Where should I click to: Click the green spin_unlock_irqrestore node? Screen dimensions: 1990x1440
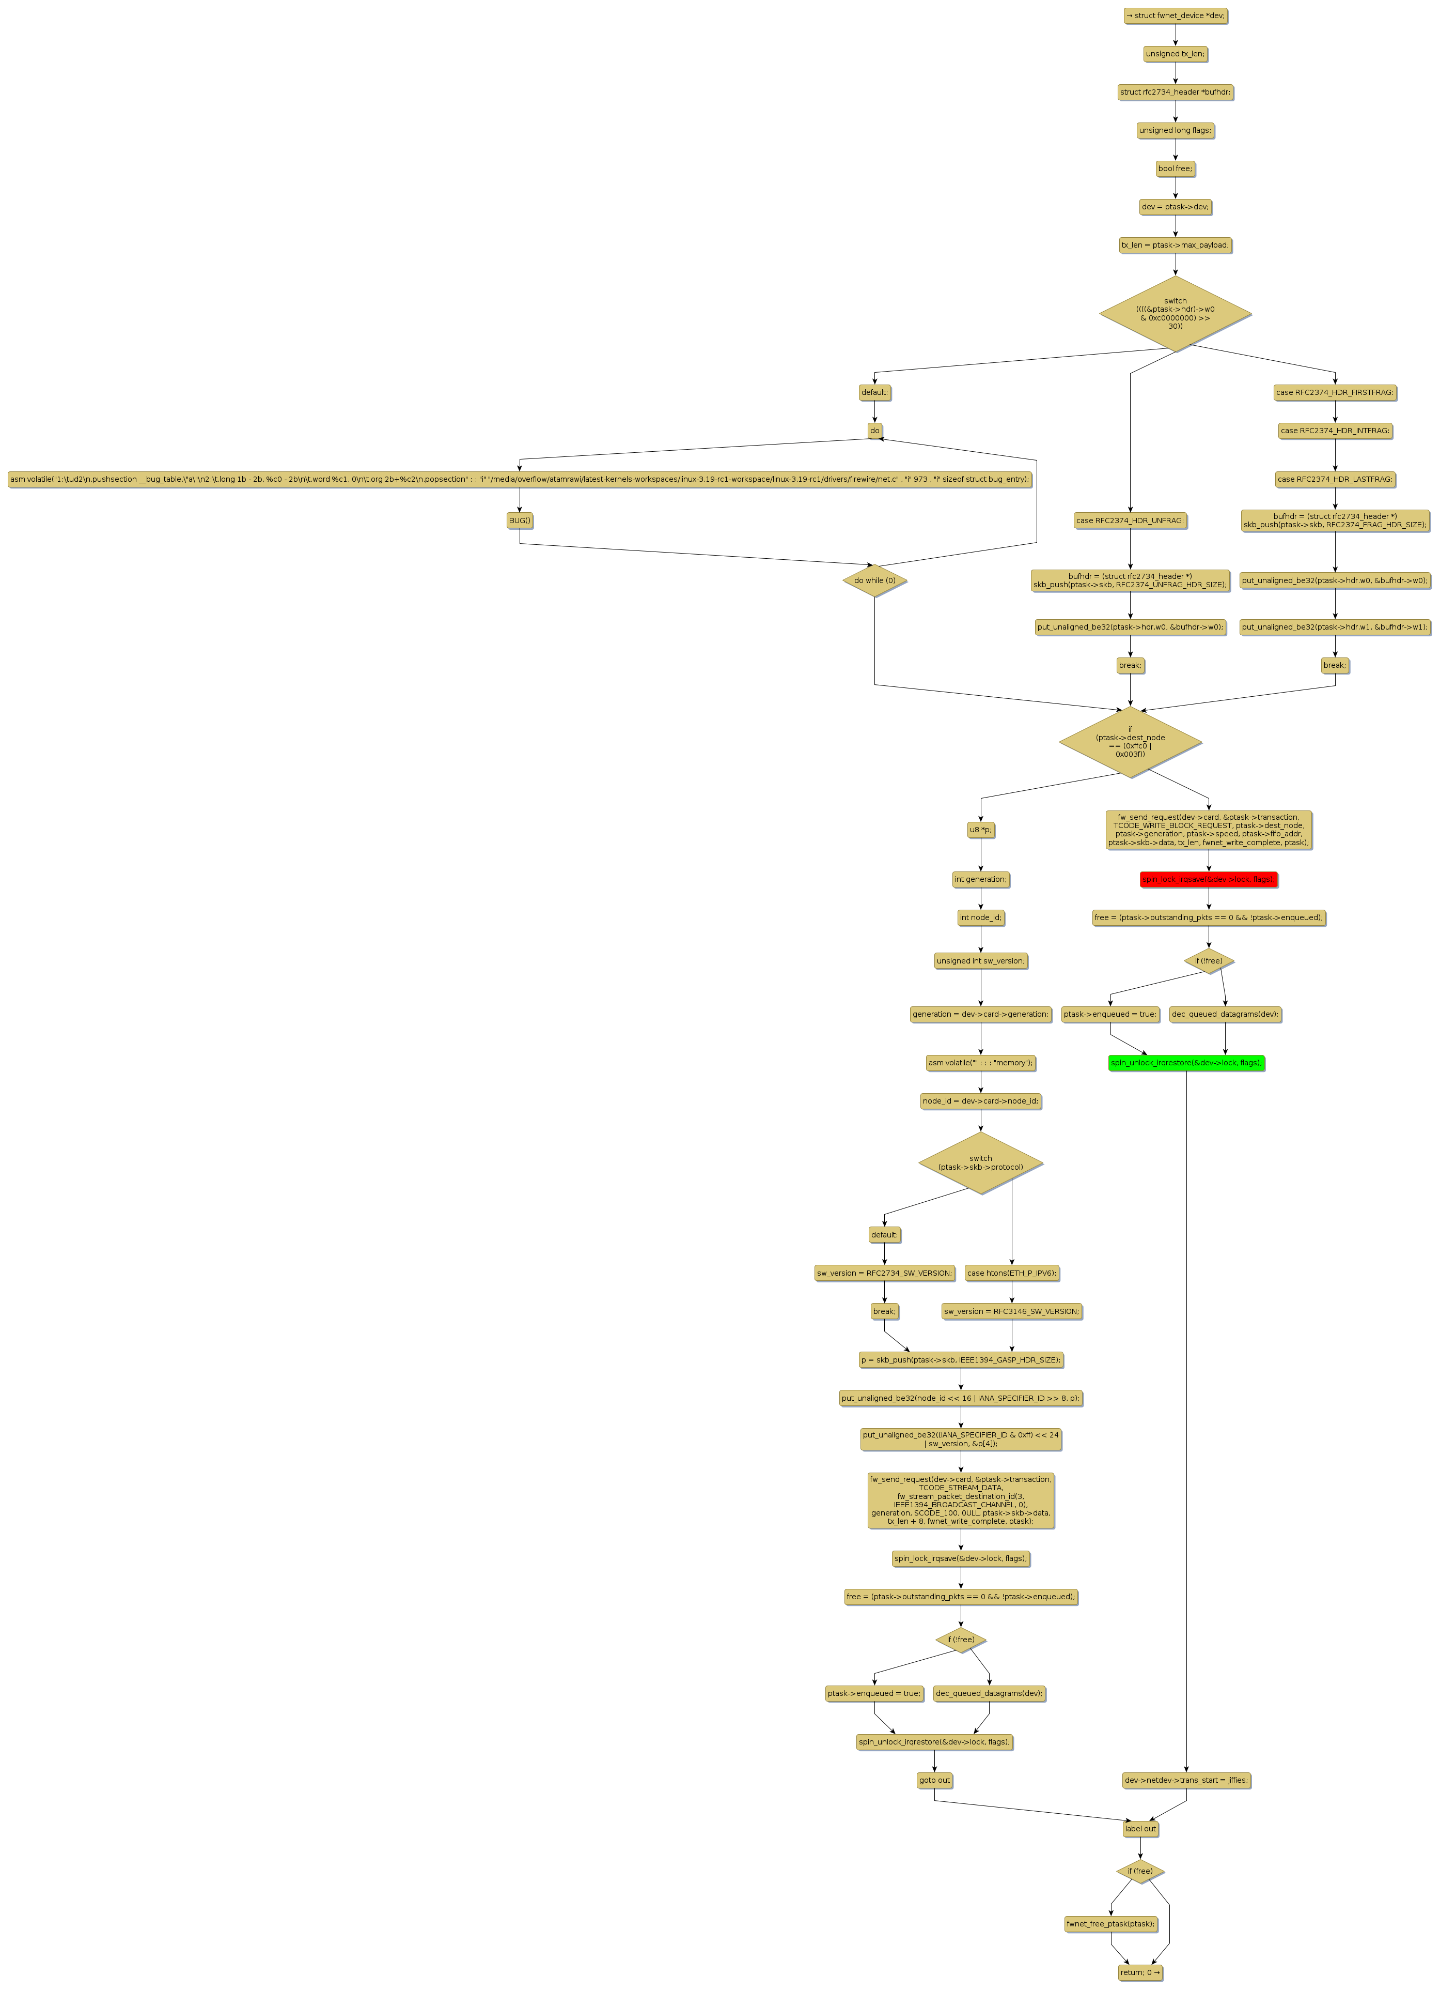(x=1186, y=1063)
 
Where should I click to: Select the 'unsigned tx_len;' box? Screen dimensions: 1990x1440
(x=1175, y=54)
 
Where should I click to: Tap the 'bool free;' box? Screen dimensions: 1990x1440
(x=1175, y=169)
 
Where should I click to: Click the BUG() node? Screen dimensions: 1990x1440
(x=519, y=521)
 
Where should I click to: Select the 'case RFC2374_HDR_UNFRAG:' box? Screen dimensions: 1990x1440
(x=1130, y=521)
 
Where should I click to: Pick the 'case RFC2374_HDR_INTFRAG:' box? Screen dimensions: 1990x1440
(x=1335, y=431)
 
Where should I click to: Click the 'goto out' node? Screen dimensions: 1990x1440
(x=934, y=1780)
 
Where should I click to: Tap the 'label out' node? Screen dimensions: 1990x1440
(x=1140, y=1829)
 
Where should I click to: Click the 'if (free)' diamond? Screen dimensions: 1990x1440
(x=1140, y=1871)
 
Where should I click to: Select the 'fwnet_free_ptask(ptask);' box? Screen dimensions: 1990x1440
(x=1110, y=1923)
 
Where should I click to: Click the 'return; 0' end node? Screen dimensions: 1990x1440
(x=1140, y=1972)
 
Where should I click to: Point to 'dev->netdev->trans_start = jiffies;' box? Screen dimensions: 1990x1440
(x=1186, y=1780)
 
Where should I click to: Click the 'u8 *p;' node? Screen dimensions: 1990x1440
(x=980, y=829)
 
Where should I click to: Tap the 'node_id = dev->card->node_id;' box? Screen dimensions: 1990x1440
(x=980, y=1100)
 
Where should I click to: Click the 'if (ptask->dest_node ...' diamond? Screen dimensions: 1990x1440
(x=1130, y=741)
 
